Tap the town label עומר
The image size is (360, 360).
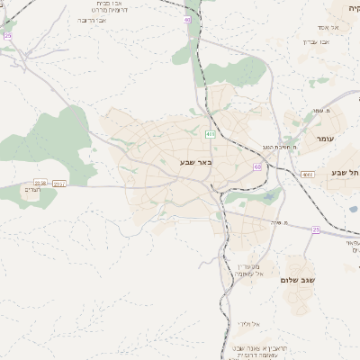325,139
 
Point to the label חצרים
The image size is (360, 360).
34,189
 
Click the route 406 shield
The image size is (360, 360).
210,134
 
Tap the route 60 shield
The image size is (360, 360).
258,166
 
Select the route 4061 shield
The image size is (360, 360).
308,175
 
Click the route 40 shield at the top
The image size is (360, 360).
187,19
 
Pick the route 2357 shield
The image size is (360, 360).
59,183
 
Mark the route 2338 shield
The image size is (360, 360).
40,182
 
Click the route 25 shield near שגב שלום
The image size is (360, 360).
316,229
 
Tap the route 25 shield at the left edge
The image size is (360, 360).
8,36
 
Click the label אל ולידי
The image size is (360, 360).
249,323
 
